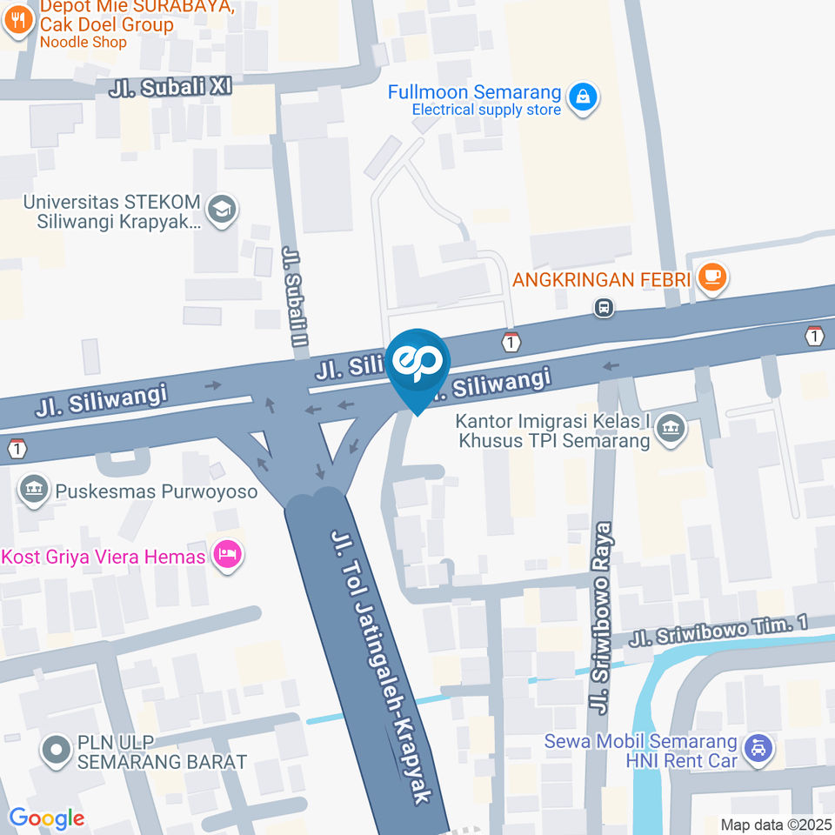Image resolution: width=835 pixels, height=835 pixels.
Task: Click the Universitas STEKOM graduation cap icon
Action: pos(223,210)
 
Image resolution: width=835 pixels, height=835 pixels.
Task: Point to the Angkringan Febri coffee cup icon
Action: pos(712,278)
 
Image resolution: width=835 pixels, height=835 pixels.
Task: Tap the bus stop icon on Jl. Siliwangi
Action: pos(603,307)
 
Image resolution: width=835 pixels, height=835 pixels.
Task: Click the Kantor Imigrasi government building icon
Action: pos(671,428)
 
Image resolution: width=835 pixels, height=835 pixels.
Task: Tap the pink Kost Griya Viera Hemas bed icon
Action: pos(227,554)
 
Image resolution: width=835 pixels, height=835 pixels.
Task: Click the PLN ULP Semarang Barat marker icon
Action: pos(57,749)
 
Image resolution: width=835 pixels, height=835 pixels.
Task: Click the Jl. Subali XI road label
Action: pos(170,88)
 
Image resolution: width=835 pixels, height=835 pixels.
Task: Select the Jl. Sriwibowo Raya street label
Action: pos(602,618)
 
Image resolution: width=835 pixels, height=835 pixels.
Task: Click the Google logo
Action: pos(46,818)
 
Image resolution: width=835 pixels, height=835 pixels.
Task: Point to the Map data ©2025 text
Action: pos(775,824)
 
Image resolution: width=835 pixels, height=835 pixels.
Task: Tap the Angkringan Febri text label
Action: pos(602,280)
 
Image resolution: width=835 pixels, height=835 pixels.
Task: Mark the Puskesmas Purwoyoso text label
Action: pos(157,491)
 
